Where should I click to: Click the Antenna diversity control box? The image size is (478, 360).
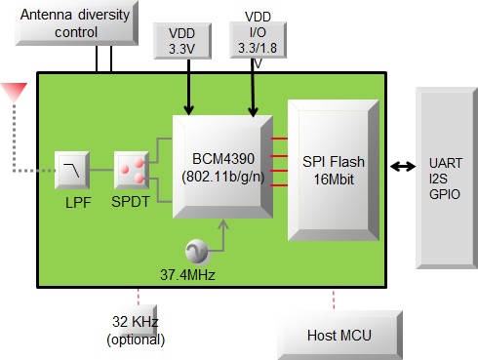(73, 24)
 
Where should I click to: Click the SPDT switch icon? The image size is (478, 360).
(132, 170)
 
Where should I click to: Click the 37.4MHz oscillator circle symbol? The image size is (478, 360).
(196, 251)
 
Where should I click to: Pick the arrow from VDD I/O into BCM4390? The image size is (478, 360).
(256, 93)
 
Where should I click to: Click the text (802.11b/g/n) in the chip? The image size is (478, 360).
(219, 177)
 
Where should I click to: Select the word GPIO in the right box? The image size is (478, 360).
(446, 194)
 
